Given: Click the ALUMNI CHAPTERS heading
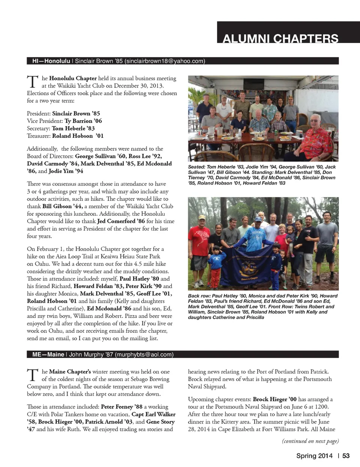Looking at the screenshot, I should (x=280, y=38).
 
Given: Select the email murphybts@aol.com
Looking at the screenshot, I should (x=144, y=354).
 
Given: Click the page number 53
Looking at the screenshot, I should (x=346, y=456).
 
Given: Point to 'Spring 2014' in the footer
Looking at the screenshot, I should (x=314, y=456).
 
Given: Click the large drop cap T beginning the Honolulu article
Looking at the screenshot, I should (x=33, y=82).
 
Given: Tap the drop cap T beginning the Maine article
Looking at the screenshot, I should (x=33, y=375).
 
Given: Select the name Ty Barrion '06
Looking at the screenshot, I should (x=83, y=121).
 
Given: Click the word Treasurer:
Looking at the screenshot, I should (x=39, y=136).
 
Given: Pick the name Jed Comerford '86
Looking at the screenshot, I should (x=121, y=221).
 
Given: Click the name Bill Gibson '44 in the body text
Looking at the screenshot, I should (x=62, y=206).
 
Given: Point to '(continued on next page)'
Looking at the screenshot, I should (x=310, y=441).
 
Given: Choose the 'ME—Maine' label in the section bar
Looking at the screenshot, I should (x=48, y=354).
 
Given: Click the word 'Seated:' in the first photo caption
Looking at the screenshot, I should (x=196, y=167).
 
